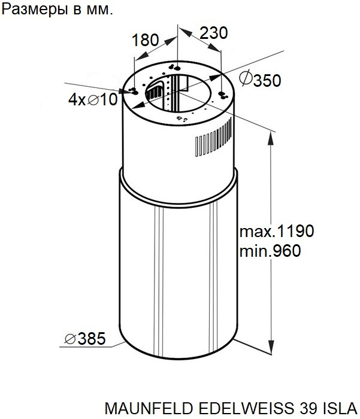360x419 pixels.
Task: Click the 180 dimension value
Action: (x=145, y=40)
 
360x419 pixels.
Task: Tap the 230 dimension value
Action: (x=214, y=33)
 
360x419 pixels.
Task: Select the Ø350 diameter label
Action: (x=260, y=79)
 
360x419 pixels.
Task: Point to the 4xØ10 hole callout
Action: (x=93, y=99)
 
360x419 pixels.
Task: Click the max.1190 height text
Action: (x=277, y=231)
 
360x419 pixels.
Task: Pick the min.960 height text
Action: (x=270, y=251)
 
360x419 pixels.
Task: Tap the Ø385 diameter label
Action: (x=85, y=339)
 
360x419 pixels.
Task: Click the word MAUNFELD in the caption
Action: (x=149, y=408)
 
